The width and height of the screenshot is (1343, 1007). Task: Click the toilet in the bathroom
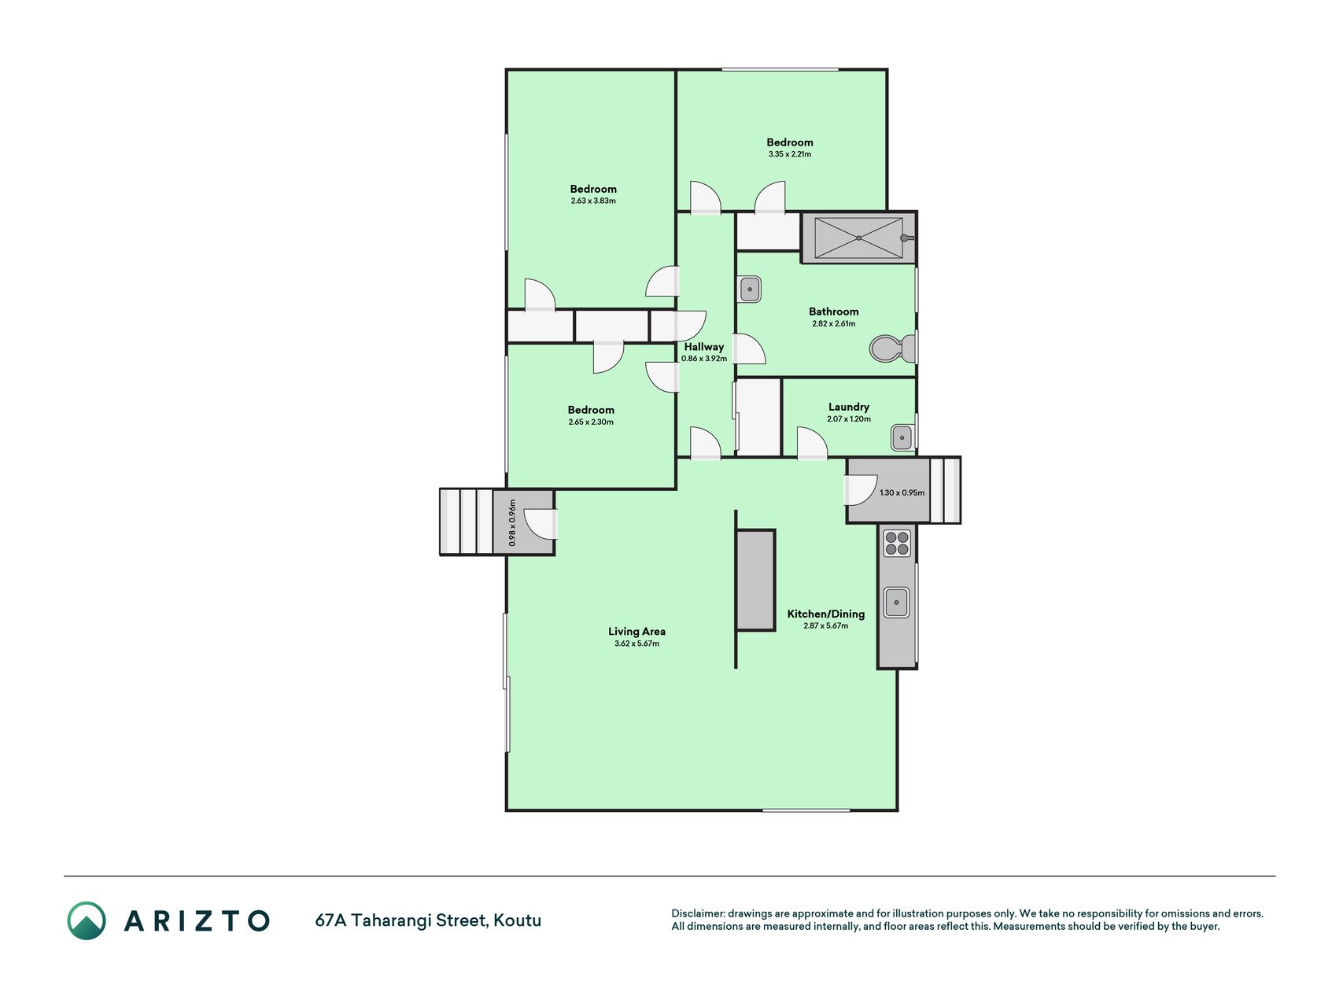click(x=893, y=348)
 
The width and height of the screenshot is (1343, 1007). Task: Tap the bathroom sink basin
click(x=750, y=290)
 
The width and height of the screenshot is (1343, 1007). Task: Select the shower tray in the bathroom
click(x=858, y=238)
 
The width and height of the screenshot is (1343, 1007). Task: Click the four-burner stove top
click(x=897, y=543)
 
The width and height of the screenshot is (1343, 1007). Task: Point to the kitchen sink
click(x=896, y=603)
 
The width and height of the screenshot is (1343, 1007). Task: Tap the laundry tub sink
click(x=902, y=436)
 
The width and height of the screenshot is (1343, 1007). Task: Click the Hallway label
click(x=704, y=347)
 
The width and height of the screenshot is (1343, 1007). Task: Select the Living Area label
click(x=636, y=631)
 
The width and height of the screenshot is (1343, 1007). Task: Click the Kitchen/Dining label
click(x=826, y=614)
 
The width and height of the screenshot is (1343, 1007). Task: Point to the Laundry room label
click(x=849, y=407)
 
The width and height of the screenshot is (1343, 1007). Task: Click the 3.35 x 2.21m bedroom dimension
click(x=790, y=154)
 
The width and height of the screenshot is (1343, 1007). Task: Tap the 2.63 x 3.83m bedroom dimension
click(x=593, y=201)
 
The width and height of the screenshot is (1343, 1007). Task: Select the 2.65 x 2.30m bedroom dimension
click(x=591, y=422)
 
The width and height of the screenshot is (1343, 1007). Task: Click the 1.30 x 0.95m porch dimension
click(x=902, y=492)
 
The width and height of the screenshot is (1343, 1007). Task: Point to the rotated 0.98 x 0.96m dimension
click(x=512, y=523)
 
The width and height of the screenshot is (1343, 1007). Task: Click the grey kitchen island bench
click(x=755, y=580)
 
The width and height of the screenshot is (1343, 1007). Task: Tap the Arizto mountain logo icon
click(x=87, y=920)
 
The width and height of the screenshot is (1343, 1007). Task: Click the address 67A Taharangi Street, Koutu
click(x=428, y=920)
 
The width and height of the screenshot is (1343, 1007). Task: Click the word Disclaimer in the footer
click(x=697, y=913)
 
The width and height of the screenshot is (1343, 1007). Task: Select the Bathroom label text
click(x=834, y=312)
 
